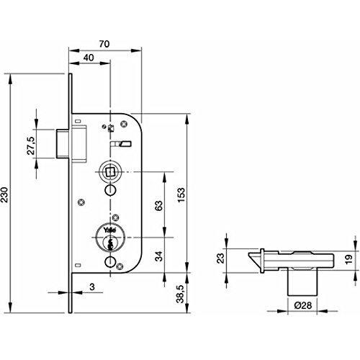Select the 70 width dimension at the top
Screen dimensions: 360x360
104,44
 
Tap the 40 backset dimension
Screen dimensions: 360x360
89,58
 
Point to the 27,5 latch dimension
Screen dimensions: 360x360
32,145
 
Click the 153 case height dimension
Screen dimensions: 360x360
181,195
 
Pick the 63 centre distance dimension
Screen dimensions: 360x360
158,206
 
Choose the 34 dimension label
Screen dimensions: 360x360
158,256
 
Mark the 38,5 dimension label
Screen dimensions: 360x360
181,294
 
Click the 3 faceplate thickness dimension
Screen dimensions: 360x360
92,287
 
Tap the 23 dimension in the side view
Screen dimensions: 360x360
220,258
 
